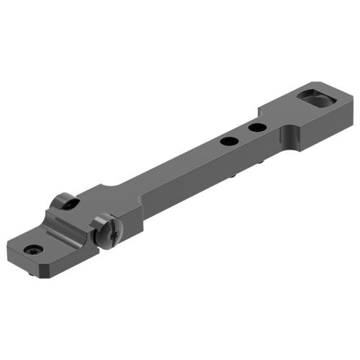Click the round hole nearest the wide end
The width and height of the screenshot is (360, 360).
point(254,127)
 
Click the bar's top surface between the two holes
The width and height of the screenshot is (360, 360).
point(241,135)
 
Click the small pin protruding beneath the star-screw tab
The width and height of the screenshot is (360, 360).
point(30,274)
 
